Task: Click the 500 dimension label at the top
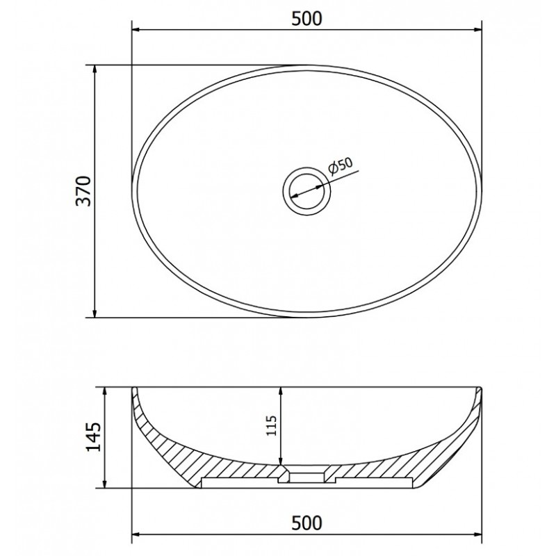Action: tap(306, 19)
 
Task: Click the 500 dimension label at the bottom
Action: tap(306, 523)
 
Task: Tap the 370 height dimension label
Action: tap(84, 190)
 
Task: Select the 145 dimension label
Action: tap(94, 436)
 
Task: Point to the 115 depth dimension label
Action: tap(271, 425)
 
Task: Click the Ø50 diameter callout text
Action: tap(341, 165)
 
